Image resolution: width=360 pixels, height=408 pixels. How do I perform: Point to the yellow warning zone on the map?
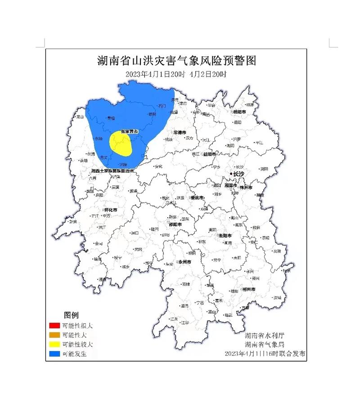click(x=120, y=143)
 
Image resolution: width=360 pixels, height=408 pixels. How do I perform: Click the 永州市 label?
click(x=184, y=262)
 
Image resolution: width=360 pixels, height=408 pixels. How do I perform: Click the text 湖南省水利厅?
click(x=265, y=336)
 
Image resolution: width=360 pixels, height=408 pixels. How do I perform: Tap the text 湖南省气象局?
click(x=265, y=345)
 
